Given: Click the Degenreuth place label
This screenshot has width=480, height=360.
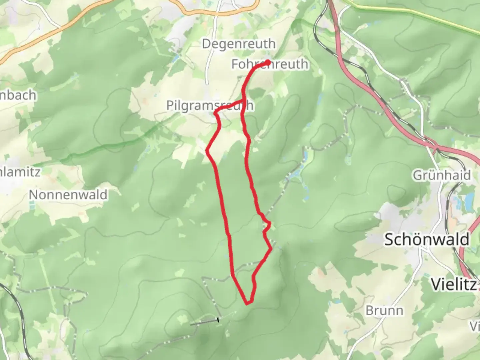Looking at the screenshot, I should coord(239,44).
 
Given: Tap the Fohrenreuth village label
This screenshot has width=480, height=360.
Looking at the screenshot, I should coord(270,64).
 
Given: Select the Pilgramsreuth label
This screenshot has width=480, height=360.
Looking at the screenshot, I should coord(210,106).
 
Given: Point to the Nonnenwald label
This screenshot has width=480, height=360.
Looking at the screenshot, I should coord(68,195).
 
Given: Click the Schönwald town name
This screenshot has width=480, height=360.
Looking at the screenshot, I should coord(427,239).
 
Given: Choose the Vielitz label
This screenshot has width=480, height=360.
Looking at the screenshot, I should coord(454,284).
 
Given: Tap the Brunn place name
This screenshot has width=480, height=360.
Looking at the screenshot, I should coord(384,310).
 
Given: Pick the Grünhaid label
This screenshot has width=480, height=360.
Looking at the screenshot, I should coord(442,175).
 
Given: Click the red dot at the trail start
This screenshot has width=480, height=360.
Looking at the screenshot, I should coord(268,62).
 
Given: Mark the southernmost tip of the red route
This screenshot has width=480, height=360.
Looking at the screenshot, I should coord(247,303).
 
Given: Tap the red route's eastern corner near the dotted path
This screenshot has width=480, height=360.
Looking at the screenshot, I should coord(271,248).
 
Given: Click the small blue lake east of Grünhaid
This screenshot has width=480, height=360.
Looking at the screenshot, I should coord(469,200).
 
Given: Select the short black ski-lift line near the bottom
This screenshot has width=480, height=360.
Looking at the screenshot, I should coord(204,322).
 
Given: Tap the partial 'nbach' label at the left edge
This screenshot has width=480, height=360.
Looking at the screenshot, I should coord(18,95).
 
